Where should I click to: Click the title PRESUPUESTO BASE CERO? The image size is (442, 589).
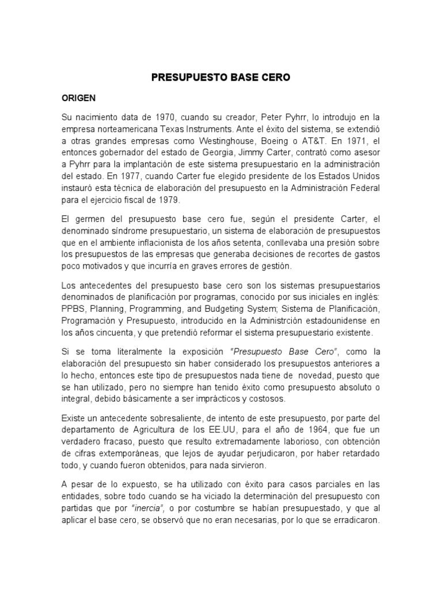[221, 77]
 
